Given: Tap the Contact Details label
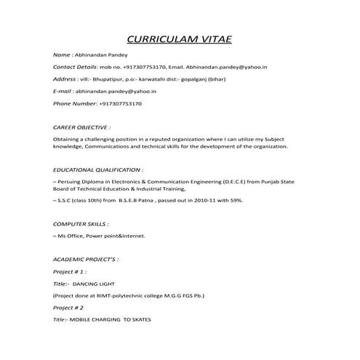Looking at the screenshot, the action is (75, 67).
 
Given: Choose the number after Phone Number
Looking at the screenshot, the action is (120, 103).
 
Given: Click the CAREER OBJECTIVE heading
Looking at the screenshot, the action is (81, 127).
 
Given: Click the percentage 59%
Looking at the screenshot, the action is (235, 199).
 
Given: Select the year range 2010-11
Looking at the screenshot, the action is (198, 199).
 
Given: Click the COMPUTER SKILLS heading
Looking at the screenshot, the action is (81, 225).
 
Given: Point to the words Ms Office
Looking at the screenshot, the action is (73, 236).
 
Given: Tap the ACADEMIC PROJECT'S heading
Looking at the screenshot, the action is (85, 259).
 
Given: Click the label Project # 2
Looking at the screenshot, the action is (68, 308).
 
